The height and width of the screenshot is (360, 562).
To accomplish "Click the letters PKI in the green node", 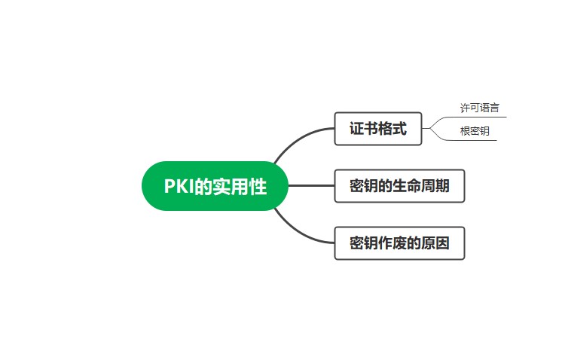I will pyautogui.click(x=179, y=186).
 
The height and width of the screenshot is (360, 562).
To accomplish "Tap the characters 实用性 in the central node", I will pyautogui.click(x=239, y=186).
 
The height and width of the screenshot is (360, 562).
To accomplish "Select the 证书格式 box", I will pyautogui.click(x=378, y=129).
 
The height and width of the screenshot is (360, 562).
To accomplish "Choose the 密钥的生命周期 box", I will pyautogui.click(x=399, y=186).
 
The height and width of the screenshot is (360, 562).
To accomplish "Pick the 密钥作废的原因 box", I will pyautogui.click(x=399, y=243).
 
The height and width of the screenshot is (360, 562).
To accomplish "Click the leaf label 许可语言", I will pyautogui.click(x=479, y=108).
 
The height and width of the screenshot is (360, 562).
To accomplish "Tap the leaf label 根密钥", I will pyautogui.click(x=475, y=131).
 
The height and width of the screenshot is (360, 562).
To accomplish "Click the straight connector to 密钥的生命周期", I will pyautogui.click(x=311, y=186).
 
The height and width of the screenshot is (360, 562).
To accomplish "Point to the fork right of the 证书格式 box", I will pyautogui.click(x=431, y=129).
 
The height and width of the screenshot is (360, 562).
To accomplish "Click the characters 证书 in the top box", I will pyautogui.click(x=364, y=129).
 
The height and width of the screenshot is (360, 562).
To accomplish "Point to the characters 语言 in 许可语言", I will pyautogui.click(x=489, y=108).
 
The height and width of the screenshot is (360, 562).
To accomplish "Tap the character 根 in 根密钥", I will pyautogui.click(x=465, y=131).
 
